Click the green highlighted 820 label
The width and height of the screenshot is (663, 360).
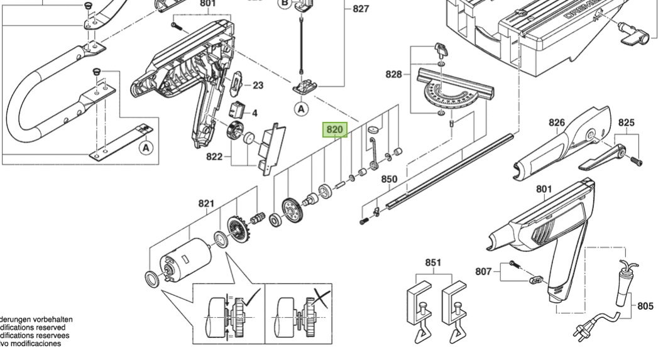point(334,130)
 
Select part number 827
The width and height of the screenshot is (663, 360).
point(361,9)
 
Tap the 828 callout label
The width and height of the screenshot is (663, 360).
point(393,74)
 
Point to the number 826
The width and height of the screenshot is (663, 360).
point(557,123)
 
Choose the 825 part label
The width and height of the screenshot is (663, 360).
point(627,123)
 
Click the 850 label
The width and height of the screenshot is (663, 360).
point(390,179)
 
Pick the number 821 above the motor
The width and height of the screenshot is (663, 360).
point(207,203)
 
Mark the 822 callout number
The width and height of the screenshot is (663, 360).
point(214,156)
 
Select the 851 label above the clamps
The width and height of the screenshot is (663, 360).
point(433,263)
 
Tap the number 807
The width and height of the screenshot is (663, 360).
point(483,271)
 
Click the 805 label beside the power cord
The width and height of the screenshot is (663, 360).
point(645,306)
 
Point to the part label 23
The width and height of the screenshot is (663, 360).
point(258,85)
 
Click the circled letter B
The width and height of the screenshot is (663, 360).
point(285,3)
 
